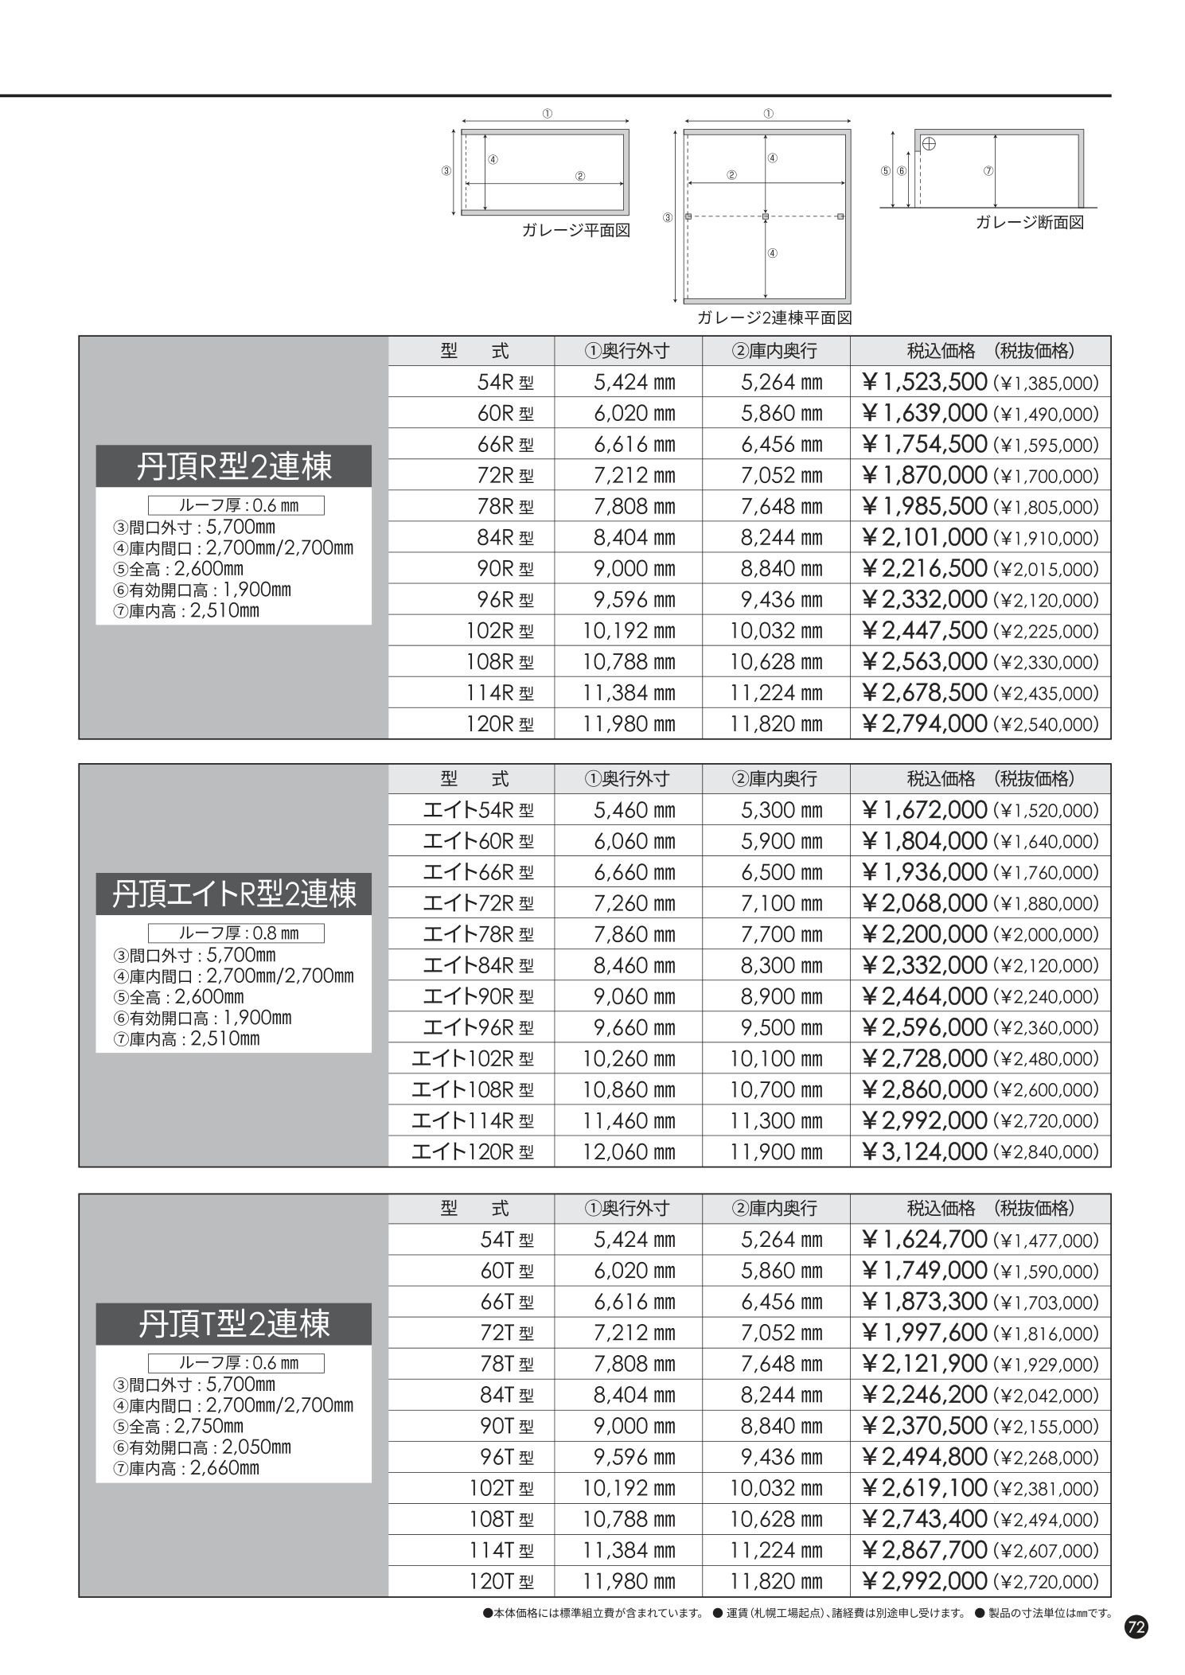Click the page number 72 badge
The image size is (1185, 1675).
(x=1136, y=1627)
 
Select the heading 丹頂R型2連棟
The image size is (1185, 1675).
(x=233, y=466)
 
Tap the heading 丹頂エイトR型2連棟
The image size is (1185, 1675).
(x=233, y=894)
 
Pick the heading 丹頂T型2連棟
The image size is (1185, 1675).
(x=233, y=1323)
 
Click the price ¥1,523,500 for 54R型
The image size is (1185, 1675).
(x=924, y=383)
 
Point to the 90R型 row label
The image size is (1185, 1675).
(x=505, y=569)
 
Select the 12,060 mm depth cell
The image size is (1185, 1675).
(x=629, y=1151)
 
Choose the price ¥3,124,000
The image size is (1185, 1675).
(x=924, y=1151)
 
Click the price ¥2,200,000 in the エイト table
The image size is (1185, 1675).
(x=924, y=934)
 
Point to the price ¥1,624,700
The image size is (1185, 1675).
(x=924, y=1240)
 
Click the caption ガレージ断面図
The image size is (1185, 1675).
(x=1029, y=223)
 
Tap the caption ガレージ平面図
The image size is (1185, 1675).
(x=576, y=231)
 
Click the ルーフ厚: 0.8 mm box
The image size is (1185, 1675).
(x=236, y=933)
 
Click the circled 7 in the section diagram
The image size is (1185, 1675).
(x=988, y=171)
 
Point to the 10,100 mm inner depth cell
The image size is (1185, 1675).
(x=776, y=1058)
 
